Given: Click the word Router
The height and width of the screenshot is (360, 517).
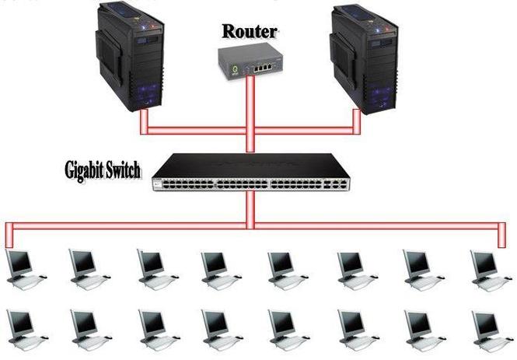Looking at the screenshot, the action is coord(250,32).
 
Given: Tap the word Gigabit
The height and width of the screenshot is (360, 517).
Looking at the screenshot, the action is coord(82,170).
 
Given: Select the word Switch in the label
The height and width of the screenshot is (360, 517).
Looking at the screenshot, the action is coord(121,170).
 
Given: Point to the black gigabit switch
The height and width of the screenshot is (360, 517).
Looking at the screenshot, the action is coord(250,172).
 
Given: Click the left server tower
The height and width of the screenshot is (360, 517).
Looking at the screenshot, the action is coord(130,57).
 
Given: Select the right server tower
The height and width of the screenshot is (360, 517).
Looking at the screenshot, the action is coord(364,58).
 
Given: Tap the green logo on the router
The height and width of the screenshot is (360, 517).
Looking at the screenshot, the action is coord(235,70).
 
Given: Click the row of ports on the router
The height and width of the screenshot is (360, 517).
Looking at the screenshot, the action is coord(263,68).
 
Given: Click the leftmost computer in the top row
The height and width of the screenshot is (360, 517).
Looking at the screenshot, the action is coord(26,269).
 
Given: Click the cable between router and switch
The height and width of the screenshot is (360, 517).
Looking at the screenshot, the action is coord(250,114).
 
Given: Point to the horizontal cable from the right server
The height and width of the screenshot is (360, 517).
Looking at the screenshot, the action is coord(304,131).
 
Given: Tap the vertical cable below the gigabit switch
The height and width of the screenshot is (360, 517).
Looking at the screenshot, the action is coord(250,210).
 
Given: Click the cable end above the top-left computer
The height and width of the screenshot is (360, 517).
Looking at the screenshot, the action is coord(9,236).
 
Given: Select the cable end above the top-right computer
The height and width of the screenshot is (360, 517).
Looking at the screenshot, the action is coord(501,236).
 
